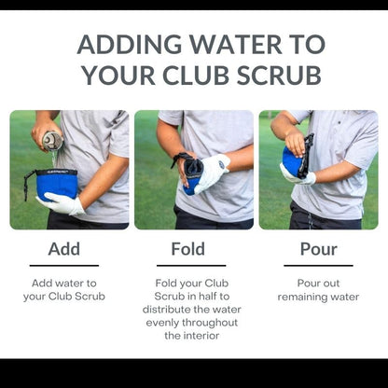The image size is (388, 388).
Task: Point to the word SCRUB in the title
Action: click(282, 76)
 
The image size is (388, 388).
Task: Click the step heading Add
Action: click(63, 249)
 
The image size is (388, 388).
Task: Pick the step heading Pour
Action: click(318, 249)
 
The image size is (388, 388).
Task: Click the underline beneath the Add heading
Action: click(63, 266)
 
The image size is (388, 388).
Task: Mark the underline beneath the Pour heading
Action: click(318, 266)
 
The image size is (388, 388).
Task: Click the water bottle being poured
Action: click(53, 140)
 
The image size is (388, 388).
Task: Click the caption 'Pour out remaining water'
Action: click(318, 289)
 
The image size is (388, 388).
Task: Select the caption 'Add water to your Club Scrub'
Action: click(63, 289)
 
